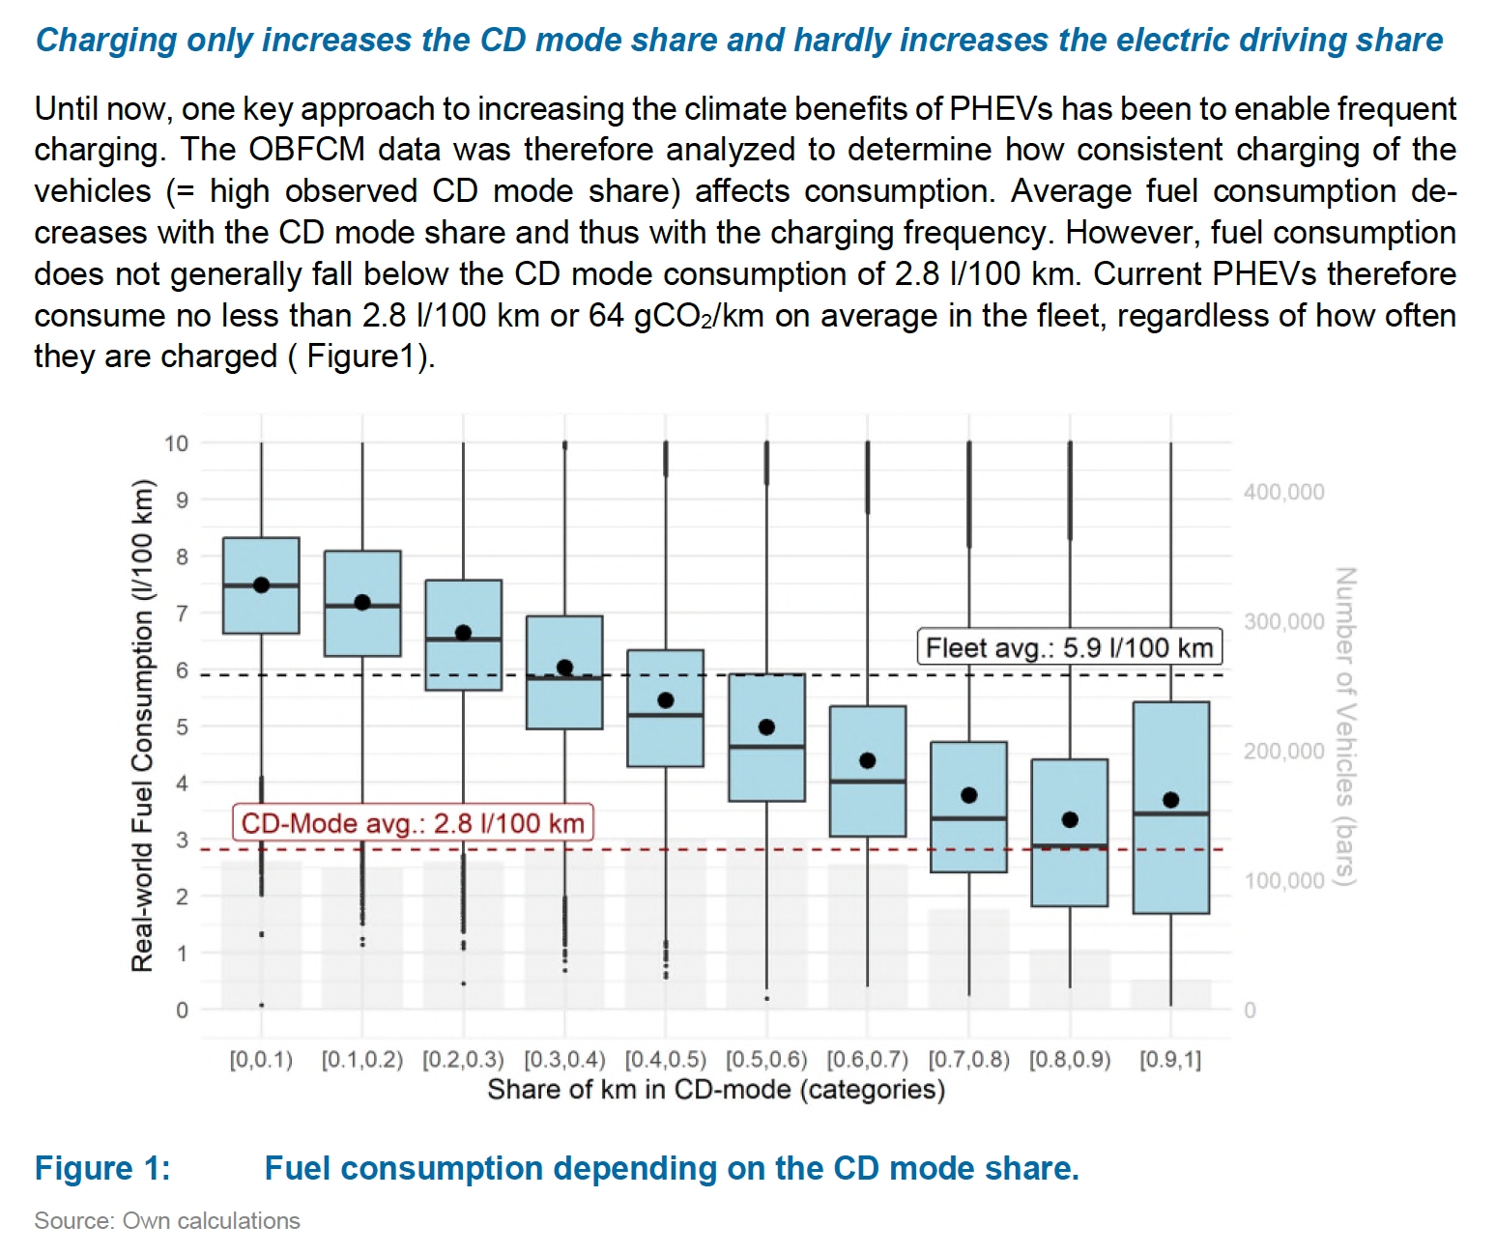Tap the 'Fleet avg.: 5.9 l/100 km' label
coord(1069,647)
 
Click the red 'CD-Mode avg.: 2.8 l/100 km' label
coord(413,823)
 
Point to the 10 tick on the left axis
coord(177,443)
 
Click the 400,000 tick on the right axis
coord(1283,492)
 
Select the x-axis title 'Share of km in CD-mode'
coord(715,1090)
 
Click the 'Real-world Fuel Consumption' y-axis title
coord(143,725)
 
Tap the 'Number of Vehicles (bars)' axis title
coord(1345,725)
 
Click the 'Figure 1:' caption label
coord(102,1168)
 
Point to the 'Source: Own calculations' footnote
coord(167,1221)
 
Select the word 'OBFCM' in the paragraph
coord(307,150)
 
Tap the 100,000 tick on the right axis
coord(1283,880)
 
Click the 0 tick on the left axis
coord(182,1011)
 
